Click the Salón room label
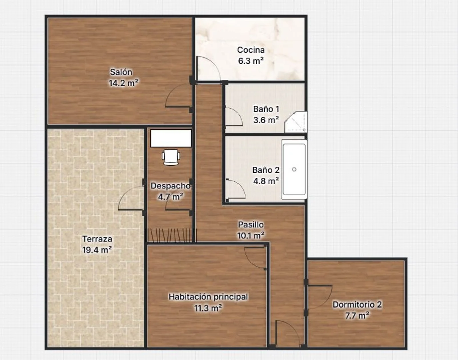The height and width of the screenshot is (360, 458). (121, 72)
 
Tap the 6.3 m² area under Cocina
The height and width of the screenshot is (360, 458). (251, 61)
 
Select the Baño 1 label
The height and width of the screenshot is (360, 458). (266, 109)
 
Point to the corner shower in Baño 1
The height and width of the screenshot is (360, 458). (295, 122)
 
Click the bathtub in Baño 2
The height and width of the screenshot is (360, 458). (294, 169)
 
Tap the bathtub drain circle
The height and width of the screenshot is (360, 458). (294, 169)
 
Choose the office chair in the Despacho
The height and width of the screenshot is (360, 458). (171, 157)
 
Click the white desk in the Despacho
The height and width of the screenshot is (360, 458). (171, 138)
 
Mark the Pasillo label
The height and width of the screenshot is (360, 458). (251, 225)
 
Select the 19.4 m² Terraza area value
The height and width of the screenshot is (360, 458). (97, 250)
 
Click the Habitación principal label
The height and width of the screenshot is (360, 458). (208, 297)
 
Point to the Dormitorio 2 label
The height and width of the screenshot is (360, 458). (357, 305)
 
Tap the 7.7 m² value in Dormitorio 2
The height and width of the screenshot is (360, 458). (357, 316)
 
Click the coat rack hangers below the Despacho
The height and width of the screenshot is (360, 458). (171, 235)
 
